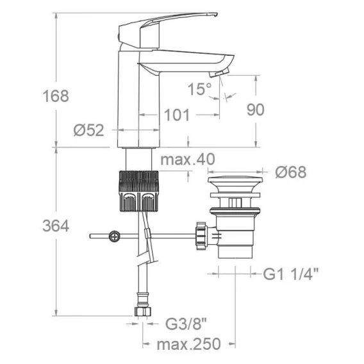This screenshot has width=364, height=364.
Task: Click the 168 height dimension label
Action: tap(56, 96)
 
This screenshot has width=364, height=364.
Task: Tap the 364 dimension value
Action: tap(56, 226)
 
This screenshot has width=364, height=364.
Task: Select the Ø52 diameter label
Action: tap(89, 130)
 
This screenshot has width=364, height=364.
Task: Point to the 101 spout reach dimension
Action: tap(177, 115)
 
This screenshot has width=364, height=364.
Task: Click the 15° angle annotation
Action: tap(200, 89)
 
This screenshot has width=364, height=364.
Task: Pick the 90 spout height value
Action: tap(255, 110)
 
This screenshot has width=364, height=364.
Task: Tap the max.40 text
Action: tap(188, 160)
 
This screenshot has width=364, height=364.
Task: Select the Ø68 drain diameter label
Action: tap(291, 172)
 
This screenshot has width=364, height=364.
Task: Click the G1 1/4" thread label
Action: tap(291, 274)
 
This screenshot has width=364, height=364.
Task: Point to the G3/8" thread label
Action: tap(186, 324)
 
